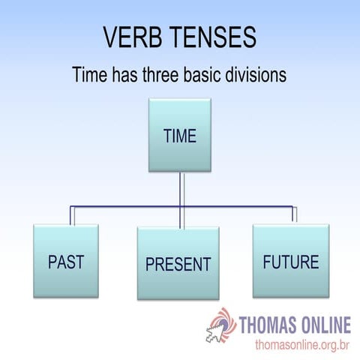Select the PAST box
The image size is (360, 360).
click(65, 261)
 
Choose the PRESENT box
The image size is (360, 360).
click(178, 262)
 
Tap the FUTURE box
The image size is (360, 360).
click(290, 260)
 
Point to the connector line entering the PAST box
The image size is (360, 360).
click(72, 215)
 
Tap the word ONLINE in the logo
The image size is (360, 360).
click(323, 325)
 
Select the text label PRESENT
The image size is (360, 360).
click(178, 264)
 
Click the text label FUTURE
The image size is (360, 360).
click(290, 262)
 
